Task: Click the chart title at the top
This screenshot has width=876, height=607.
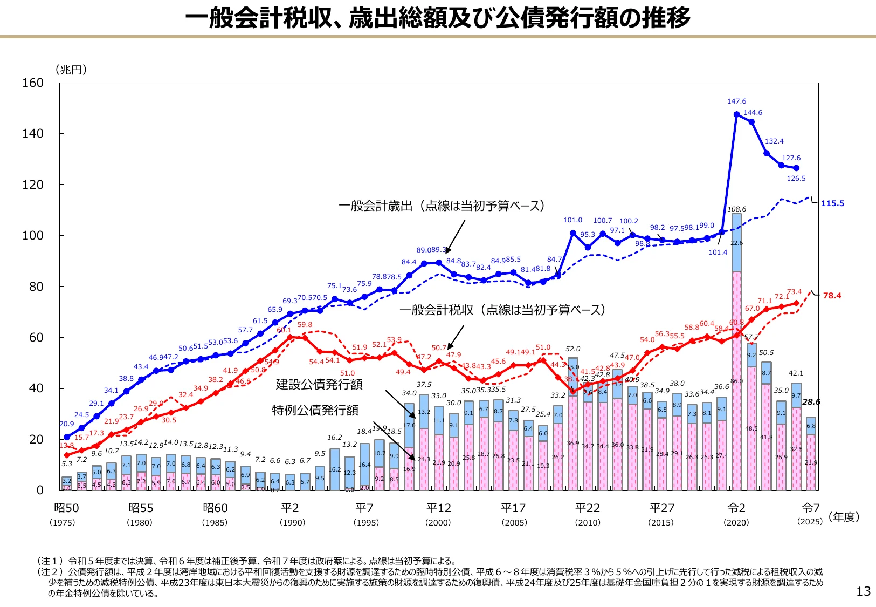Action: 438,18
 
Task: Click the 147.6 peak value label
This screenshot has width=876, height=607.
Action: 736,101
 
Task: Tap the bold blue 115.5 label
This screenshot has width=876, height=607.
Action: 832,203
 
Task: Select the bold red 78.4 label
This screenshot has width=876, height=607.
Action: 832,296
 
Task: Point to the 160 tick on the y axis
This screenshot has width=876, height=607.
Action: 32,83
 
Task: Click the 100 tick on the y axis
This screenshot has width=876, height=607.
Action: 32,236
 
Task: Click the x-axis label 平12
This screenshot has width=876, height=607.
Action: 438,508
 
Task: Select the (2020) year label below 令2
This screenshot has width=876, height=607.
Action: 736,523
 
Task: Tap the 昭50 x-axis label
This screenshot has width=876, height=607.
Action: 66,508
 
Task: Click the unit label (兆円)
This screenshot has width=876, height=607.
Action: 71,70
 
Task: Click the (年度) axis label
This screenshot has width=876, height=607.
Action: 844,517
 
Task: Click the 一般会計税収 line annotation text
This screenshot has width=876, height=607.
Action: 502,310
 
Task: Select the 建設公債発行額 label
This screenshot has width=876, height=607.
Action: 319,384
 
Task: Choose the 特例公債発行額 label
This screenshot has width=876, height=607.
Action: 315,411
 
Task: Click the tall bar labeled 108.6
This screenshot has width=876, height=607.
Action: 736,351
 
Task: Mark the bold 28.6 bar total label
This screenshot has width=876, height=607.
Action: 811,402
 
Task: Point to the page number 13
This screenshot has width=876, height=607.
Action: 863,591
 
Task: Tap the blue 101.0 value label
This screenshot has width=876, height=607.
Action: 572,220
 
